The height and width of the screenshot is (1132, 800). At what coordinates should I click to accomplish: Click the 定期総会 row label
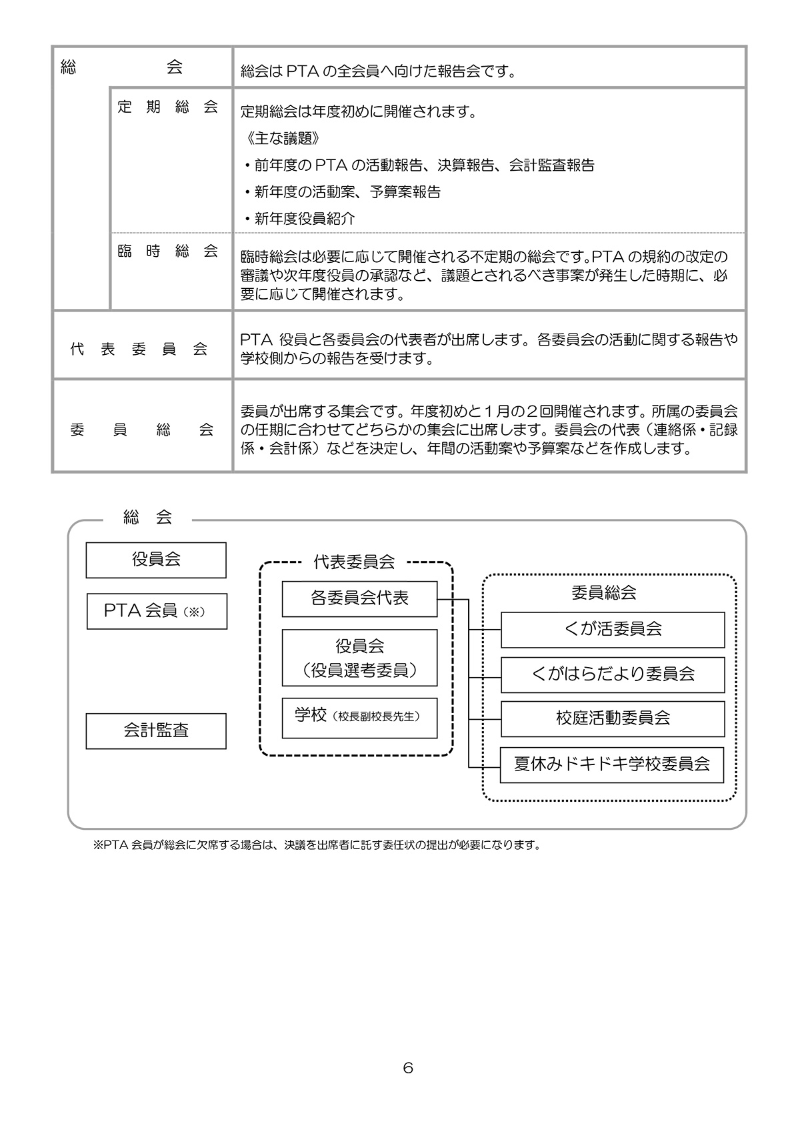[x=168, y=107]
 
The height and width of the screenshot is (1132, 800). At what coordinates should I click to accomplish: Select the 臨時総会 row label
[x=168, y=251]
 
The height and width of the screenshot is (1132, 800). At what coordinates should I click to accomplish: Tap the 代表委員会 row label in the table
[x=139, y=350]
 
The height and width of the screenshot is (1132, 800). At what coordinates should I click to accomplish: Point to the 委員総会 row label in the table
[x=141, y=430]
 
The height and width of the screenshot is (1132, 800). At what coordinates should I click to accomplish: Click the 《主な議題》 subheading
[x=280, y=139]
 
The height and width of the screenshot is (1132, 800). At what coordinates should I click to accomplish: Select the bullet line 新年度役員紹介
[x=300, y=219]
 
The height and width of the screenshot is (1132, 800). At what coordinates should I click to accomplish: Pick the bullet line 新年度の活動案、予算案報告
[x=342, y=192]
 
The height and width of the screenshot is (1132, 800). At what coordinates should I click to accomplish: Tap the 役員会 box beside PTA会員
[x=156, y=560]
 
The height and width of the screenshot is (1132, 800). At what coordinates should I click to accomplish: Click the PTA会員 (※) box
[x=157, y=611]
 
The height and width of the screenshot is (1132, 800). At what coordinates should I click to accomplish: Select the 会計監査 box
[x=156, y=730]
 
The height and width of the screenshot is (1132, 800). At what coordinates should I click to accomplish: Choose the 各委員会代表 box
[x=359, y=598]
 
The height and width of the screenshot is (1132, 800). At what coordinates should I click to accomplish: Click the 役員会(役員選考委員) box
[x=359, y=658]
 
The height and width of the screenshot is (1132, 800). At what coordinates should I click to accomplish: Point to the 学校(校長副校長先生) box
[x=359, y=717]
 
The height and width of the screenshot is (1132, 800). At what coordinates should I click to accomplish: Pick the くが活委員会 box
[x=612, y=629]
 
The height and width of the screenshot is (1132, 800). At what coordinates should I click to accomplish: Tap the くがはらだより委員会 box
[x=612, y=674]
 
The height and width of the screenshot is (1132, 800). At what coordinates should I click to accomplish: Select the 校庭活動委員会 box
[x=612, y=718]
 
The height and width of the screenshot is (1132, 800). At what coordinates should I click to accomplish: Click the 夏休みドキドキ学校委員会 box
[x=612, y=764]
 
